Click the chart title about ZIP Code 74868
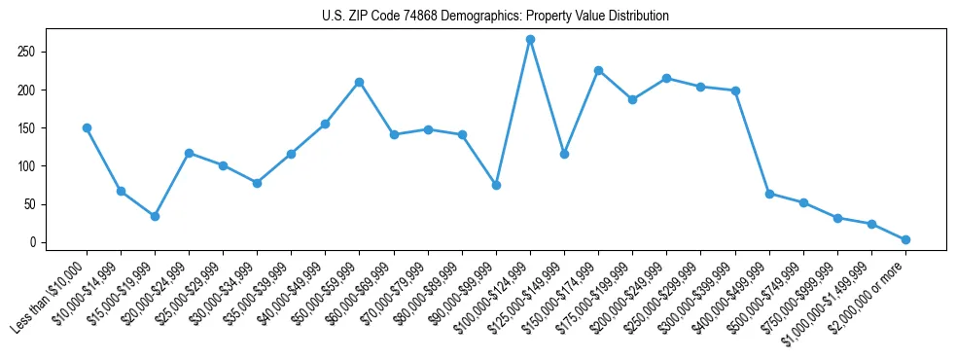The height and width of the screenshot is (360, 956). pos(495,17)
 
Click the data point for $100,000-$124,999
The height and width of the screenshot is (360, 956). pos(530,39)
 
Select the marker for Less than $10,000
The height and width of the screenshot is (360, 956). pos(87,127)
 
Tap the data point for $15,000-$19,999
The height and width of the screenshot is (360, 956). pos(155,216)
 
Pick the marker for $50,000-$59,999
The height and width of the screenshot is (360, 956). pos(359,82)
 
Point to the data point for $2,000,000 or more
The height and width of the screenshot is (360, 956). pos(905,239)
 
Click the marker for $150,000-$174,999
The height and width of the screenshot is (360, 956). pos(598,70)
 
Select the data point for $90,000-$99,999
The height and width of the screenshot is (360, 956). pos(496,185)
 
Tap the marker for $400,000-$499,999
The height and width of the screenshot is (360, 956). pos(769,194)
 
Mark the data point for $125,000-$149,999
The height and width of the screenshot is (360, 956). pos(564,154)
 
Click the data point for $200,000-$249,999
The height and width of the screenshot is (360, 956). pos(666,78)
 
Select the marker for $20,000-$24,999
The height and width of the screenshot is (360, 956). pos(189,153)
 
